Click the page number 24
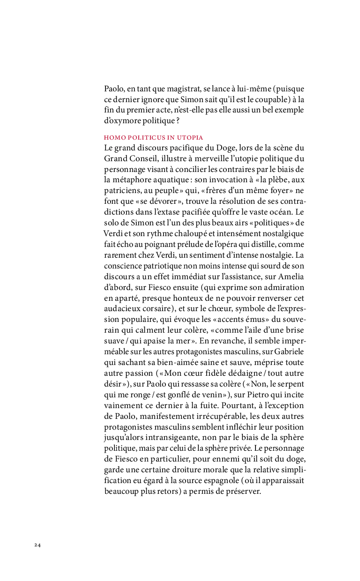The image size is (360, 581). [x=37, y=545]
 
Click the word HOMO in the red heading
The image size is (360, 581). [x=113, y=138]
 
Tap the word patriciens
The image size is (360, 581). [x=123, y=191]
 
